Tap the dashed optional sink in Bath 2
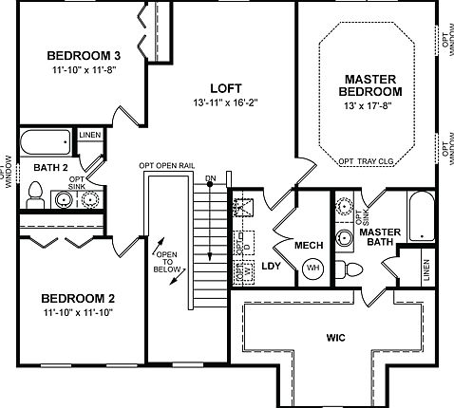[x=90, y=200]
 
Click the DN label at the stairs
[x=210, y=178]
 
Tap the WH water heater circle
[x=312, y=269]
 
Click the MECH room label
[x=311, y=246]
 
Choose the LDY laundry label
[x=271, y=267]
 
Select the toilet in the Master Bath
[x=352, y=269]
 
